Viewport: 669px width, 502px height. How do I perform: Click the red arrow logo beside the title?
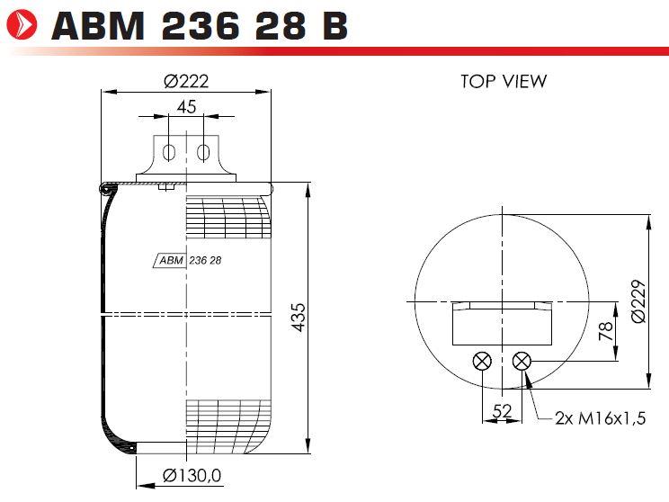coord(22,25)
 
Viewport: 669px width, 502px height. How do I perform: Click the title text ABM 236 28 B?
coord(200,25)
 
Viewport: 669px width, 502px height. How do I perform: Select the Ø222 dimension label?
coord(186,81)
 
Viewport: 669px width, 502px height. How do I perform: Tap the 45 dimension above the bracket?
coord(186,107)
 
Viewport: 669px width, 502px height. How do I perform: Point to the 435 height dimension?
coord(299,318)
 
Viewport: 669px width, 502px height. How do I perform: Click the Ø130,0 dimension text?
coord(192,475)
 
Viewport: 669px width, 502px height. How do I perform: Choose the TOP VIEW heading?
coord(504,81)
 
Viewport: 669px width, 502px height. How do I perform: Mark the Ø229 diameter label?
coord(638,301)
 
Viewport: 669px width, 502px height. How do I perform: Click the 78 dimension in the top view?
coord(606,331)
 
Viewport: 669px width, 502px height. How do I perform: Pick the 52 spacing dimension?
coord(502,410)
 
